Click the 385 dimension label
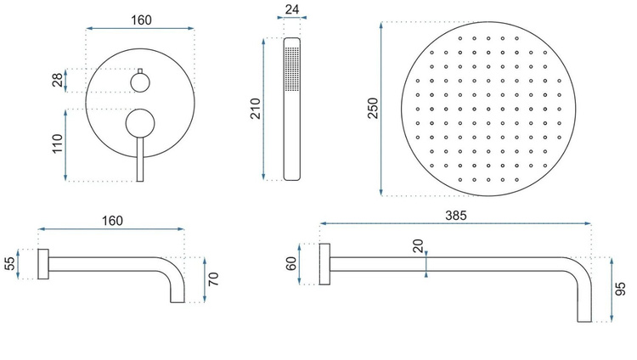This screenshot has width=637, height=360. (456, 216)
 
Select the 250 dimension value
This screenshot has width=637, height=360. (373, 108)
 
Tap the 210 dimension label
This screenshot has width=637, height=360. (256, 108)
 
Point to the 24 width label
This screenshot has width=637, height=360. (292, 9)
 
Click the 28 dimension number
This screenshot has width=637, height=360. (59, 80)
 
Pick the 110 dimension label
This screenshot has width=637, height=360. (58, 143)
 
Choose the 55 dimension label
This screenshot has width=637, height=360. (9, 264)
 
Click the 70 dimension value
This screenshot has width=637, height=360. (213, 279)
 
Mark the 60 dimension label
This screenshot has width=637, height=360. (291, 264)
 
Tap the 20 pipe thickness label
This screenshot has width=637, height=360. (418, 246)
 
